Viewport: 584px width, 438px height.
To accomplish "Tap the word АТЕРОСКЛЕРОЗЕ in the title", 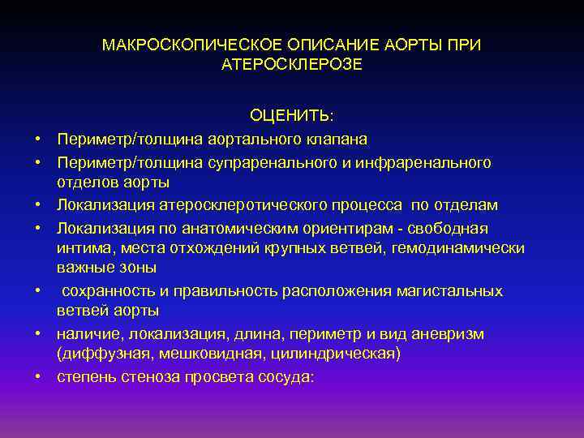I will tap(292, 63).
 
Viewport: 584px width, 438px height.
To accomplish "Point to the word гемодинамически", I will tap(458, 247).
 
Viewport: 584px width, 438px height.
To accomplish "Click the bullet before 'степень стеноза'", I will tap(37, 377).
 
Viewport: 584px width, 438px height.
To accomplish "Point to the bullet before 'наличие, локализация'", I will tap(37, 333).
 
